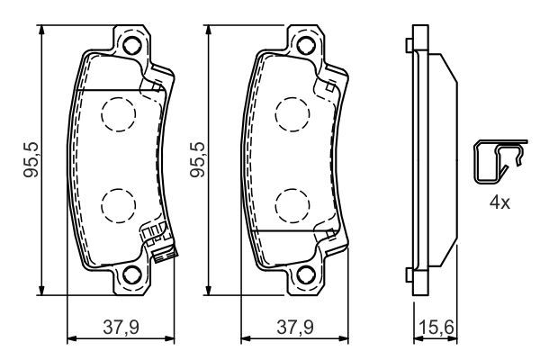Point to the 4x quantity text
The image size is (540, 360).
[499, 202]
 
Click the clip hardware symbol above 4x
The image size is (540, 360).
[498, 164]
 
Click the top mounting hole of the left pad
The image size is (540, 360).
[132, 46]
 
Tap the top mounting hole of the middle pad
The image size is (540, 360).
[306, 46]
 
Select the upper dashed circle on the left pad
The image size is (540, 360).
[115, 112]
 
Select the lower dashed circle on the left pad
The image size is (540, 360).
[115, 205]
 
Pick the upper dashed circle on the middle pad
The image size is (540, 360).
[289, 112]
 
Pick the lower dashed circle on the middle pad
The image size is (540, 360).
[289, 205]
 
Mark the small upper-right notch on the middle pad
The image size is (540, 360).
[332, 85]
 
